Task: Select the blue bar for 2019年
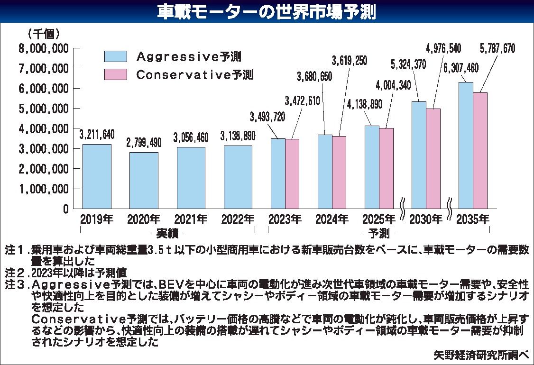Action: coord(97,176)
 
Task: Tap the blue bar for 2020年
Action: coord(144,180)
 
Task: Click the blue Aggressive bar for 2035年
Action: coord(466,146)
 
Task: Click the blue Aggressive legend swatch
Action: coord(115,56)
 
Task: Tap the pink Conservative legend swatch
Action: coord(115,74)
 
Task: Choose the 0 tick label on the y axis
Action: coord(65,209)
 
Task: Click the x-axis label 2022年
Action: coord(238,219)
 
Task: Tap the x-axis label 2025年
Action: coord(378,219)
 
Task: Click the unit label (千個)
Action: coord(44,34)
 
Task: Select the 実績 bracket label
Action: coord(167,233)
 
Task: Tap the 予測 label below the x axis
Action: coord(378,233)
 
